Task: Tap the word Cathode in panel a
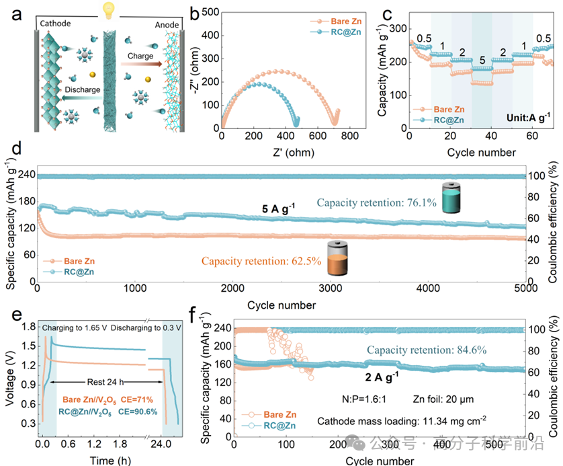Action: (56, 24)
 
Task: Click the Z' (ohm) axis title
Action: (287, 151)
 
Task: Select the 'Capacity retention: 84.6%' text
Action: (426, 350)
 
